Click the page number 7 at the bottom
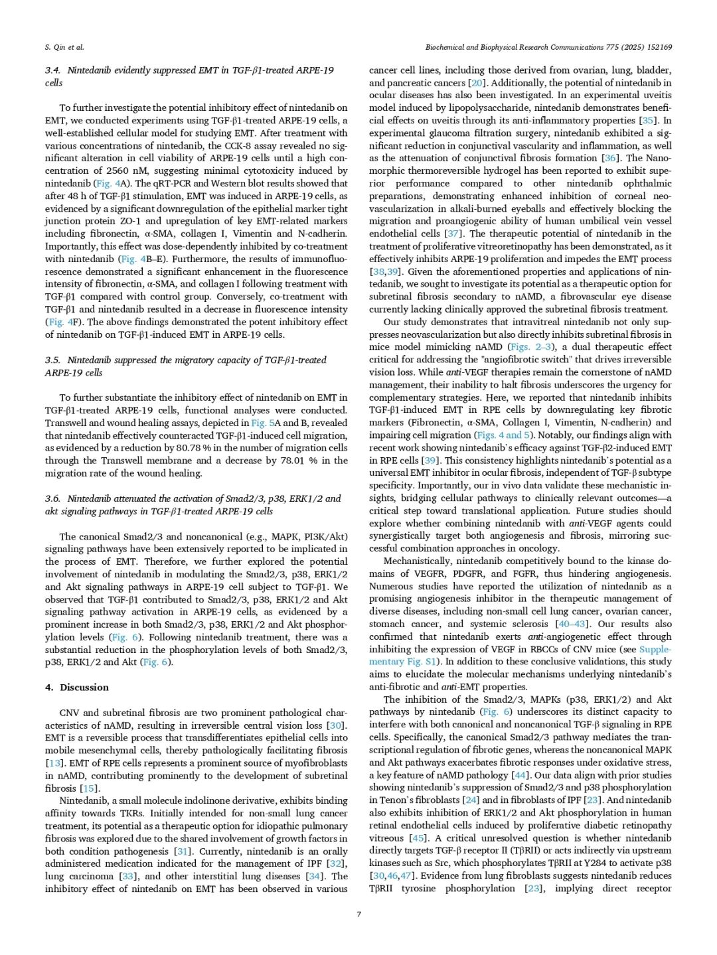coord(358,914)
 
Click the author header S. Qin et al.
coord(64,47)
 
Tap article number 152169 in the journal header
coord(658,47)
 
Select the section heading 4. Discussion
coord(77,687)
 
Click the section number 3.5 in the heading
coord(52,360)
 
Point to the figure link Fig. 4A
coord(109,183)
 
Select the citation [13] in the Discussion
coord(54,763)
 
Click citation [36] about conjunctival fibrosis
coord(610,158)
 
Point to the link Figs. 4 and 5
coord(503,435)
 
